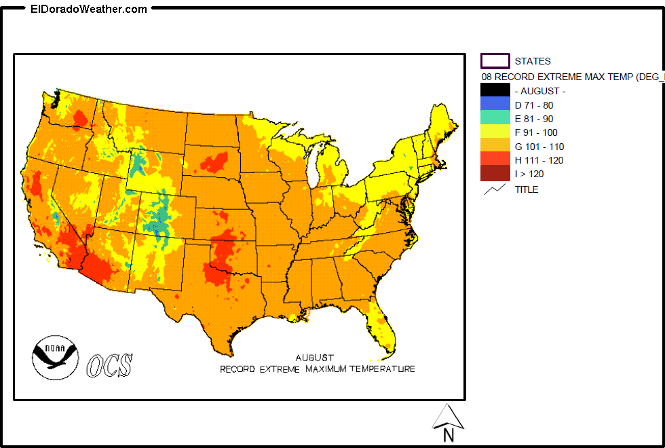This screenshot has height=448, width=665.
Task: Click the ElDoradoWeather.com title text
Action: point(89,9)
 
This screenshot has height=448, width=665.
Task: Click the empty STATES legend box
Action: point(495,61)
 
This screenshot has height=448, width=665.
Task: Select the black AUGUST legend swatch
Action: point(495,90)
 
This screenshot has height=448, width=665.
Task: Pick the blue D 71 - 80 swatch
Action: point(495,105)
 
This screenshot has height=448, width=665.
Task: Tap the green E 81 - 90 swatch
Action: point(495,118)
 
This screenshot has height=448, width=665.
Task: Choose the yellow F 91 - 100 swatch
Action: point(495,132)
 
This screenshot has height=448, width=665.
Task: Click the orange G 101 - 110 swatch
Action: point(495,146)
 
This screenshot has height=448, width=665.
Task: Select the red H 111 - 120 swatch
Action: point(495,160)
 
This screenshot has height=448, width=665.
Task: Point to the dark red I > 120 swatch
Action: point(495,174)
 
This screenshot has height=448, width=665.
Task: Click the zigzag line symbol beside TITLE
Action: point(495,189)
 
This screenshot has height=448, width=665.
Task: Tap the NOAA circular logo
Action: point(55,358)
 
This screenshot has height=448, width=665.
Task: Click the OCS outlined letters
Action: point(109,365)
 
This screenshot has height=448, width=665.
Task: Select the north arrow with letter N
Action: point(448,421)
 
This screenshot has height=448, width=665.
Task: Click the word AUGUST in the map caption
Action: point(314,357)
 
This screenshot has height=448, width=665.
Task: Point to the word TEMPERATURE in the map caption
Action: point(381,369)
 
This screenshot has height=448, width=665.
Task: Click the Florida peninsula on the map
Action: point(384,326)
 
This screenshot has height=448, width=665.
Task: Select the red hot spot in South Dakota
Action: point(214,162)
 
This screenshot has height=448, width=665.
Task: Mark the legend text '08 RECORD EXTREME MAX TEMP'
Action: point(570,77)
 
